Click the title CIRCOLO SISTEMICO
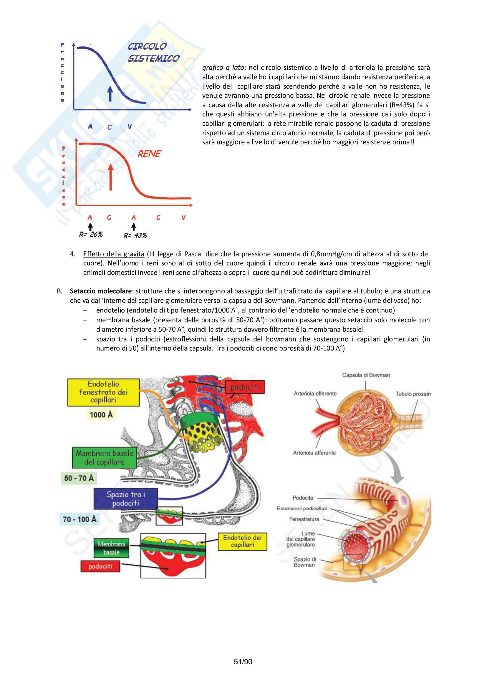[153, 52]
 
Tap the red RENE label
[149, 154]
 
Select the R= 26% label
[91, 234]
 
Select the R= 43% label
[135, 235]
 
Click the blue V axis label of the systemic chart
[130, 127]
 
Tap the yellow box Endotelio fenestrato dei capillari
[103, 392]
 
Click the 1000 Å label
[101, 415]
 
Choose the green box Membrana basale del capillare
[104, 457]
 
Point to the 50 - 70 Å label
[79, 478]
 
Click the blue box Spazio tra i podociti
[125, 499]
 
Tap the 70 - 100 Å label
[79, 519]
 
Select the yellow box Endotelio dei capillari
[242, 541]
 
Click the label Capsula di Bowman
[366, 375]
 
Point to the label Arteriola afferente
[314, 453]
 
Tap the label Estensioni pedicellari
[302, 508]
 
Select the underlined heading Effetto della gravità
[114, 254]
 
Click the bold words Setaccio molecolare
[101, 291]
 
